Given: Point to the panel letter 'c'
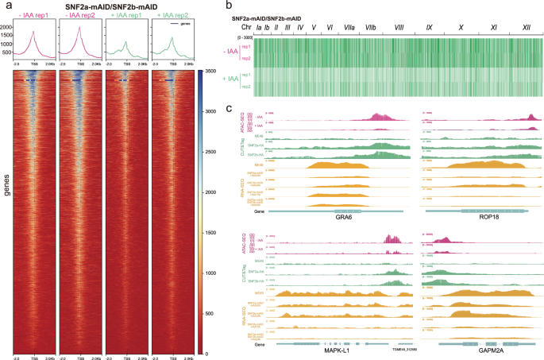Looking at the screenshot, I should tap(230, 108).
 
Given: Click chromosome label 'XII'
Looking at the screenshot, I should tap(527, 27).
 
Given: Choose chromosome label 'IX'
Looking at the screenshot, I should tap(430, 27).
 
